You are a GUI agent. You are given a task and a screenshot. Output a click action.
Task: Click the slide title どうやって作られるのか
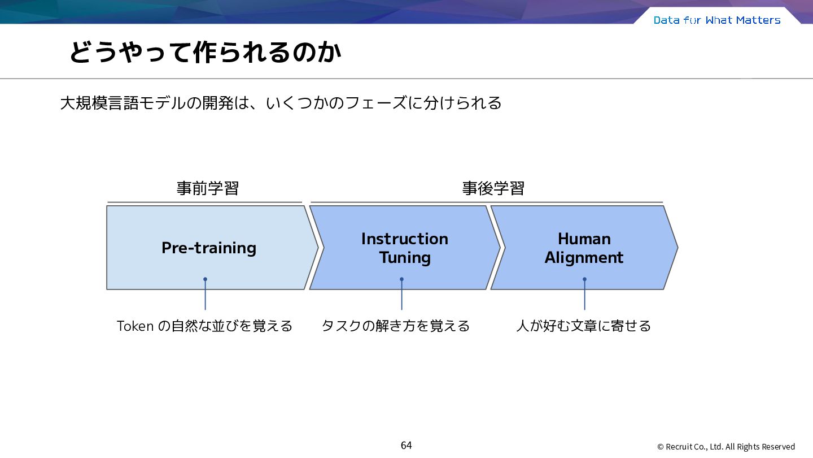[x=205, y=53]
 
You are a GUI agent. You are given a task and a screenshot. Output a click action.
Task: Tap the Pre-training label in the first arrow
[x=209, y=248]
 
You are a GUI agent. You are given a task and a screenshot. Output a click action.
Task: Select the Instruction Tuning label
[x=405, y=248]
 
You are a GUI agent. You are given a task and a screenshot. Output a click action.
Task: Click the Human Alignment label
[x=584, y=248]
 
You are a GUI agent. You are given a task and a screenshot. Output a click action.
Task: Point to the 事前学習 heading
[x=208, y=188]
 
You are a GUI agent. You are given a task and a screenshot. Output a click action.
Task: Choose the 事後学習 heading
[x=493, y=188]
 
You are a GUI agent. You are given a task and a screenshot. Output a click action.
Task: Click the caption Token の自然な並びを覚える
[x=204, y=326]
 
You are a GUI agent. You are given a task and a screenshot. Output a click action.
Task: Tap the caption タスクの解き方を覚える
[x=396, y=326]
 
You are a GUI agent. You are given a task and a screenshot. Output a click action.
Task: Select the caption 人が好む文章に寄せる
[x=584, y=326]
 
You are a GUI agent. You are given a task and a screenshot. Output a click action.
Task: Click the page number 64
[x=406, y=446]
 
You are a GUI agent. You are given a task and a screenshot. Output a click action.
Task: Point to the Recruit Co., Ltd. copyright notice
[x=726, y=447]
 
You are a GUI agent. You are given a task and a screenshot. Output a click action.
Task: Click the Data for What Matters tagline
[x=717, y=20]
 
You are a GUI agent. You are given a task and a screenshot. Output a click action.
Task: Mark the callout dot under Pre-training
[x=205, y=279]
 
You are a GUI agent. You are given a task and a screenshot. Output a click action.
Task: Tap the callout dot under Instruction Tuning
[x=401, y=279]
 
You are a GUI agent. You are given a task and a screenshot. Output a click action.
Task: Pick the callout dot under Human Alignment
[x=584, y=279]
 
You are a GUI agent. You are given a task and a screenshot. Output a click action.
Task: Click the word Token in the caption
[x=135, y=326]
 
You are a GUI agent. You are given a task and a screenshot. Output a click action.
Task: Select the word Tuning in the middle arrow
[x=405, y=258]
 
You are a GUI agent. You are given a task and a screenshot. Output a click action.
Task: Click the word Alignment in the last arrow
[x=584, y=258]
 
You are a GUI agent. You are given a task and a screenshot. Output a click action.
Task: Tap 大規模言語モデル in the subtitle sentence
[x=123, y=103]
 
